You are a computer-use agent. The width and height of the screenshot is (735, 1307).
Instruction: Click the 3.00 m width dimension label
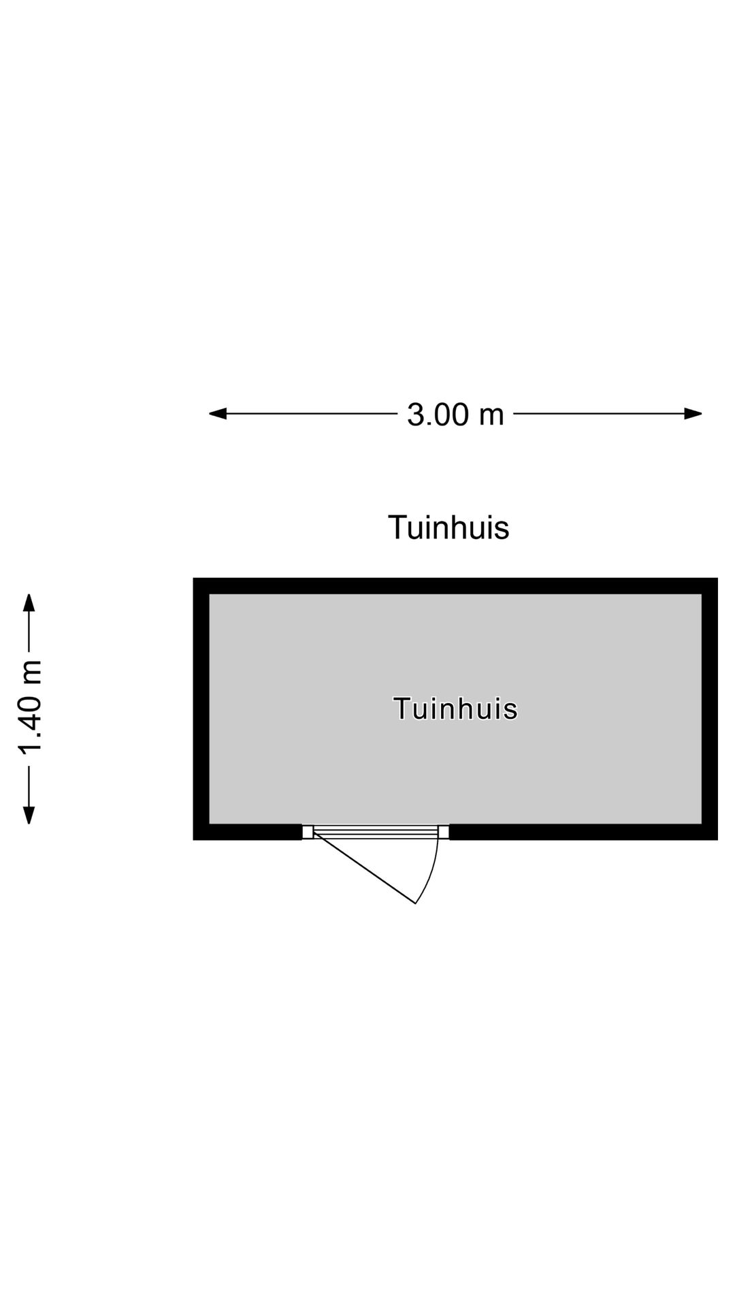[455, 414]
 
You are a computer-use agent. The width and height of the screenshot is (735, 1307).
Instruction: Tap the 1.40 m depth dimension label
[31, 708]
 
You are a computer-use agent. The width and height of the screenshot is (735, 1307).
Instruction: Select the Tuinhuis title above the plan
[448, 528]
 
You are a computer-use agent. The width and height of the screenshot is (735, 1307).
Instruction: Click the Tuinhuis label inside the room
[455, 709]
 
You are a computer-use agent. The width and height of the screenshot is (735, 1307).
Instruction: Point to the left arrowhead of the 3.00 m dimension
[217, 413]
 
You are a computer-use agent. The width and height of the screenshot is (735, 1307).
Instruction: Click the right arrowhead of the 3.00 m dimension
[693, 413]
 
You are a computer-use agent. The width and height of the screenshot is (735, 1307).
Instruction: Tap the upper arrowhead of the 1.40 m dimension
[29, 602]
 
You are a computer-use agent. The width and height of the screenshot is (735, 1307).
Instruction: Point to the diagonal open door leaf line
[364, 868]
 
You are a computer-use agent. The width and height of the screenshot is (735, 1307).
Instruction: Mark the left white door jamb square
[308, 832]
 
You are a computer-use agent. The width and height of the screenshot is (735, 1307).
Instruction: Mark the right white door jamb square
[444, 832]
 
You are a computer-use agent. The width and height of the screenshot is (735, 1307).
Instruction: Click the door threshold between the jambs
[376, 831]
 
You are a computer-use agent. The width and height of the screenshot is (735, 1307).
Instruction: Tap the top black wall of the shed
[455, 586]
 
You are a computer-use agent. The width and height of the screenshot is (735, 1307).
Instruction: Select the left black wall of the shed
[201, 709]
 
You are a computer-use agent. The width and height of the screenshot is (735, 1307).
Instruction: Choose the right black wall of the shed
[710, 709]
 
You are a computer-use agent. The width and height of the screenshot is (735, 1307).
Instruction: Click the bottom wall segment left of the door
[248, 832]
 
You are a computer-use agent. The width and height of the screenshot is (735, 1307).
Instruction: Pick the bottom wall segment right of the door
[584, 832]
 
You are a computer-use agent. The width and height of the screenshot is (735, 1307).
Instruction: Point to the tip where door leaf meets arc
[415, 904]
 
